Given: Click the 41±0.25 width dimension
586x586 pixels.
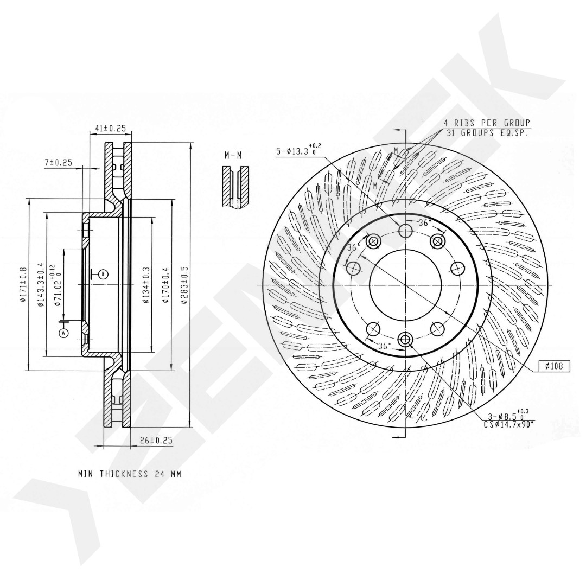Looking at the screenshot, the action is tap(110, 128).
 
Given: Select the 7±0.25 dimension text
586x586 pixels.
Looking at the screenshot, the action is tap(58, 162).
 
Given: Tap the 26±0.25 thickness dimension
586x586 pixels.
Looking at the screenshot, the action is tap(156, 440).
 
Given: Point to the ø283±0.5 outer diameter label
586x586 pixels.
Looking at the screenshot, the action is tap(184, 285).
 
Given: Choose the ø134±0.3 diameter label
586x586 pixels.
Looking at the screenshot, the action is tap(146, 285).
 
